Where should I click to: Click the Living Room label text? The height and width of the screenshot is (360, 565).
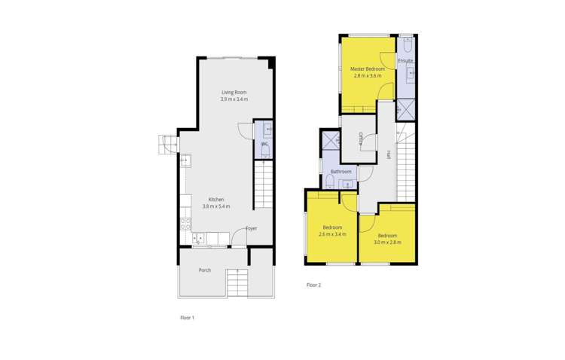pos(234,92)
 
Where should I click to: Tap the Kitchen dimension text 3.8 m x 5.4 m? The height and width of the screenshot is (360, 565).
pos(215,206)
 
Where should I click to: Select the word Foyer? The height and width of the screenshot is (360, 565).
pos(252,228)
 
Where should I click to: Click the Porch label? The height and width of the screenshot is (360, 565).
pos(205,270)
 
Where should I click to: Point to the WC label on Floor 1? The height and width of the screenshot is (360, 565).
pos(264,143)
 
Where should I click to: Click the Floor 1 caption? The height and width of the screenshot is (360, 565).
pos(187,319)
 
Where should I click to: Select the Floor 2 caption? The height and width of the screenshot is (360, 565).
pos(313,285)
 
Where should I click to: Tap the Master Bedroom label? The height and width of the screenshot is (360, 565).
pos(366,69)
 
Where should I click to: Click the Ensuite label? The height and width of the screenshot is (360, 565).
pos(406,60)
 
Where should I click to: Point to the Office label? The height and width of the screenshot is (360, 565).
pos(361,139)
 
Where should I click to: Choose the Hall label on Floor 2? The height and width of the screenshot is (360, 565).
pos(388,154)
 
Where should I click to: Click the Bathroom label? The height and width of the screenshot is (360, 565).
pos(341,172)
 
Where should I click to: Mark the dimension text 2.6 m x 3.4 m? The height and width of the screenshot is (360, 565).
pos(332,233)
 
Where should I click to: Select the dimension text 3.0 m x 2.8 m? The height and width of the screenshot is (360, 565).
pos(386,242)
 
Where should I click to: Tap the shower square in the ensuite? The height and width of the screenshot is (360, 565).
pos(405,110)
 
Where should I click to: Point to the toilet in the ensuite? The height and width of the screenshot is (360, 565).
pos(406,43)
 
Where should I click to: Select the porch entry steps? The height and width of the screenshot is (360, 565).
pos(237,283)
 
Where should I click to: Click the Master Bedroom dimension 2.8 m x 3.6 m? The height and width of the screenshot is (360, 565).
pos(366,76)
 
